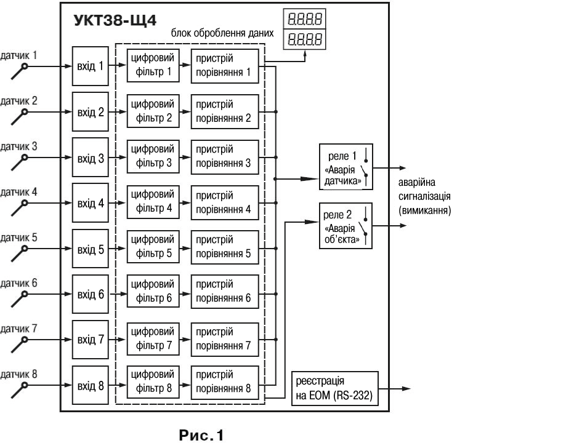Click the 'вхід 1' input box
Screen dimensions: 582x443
[90, 66]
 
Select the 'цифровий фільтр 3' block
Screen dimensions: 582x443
[153, 156]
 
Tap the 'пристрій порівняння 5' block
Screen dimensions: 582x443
[225, 247]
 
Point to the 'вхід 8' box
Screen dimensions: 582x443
[90, 385]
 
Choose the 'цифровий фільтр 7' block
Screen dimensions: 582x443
[153, 339]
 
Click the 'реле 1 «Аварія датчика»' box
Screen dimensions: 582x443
[346, 167]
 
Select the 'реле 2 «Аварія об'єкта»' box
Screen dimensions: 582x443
[346, 226]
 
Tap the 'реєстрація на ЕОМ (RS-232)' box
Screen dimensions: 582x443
[335, 388]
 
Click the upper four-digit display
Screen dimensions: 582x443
[305, 18]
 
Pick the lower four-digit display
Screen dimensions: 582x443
[305, 39]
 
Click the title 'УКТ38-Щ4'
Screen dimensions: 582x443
[115, 20]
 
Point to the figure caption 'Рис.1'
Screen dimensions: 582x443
[201, 435]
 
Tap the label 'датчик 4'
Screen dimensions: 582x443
[18, 192]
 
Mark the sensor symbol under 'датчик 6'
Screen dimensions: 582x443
[20, 300]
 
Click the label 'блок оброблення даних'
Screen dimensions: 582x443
[222, 33]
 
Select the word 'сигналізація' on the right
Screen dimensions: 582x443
[424, 196]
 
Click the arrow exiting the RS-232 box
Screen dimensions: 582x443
[395, 388]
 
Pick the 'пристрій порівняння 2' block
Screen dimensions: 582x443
[225, 111]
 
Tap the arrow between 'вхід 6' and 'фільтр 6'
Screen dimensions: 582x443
[118, 294]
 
